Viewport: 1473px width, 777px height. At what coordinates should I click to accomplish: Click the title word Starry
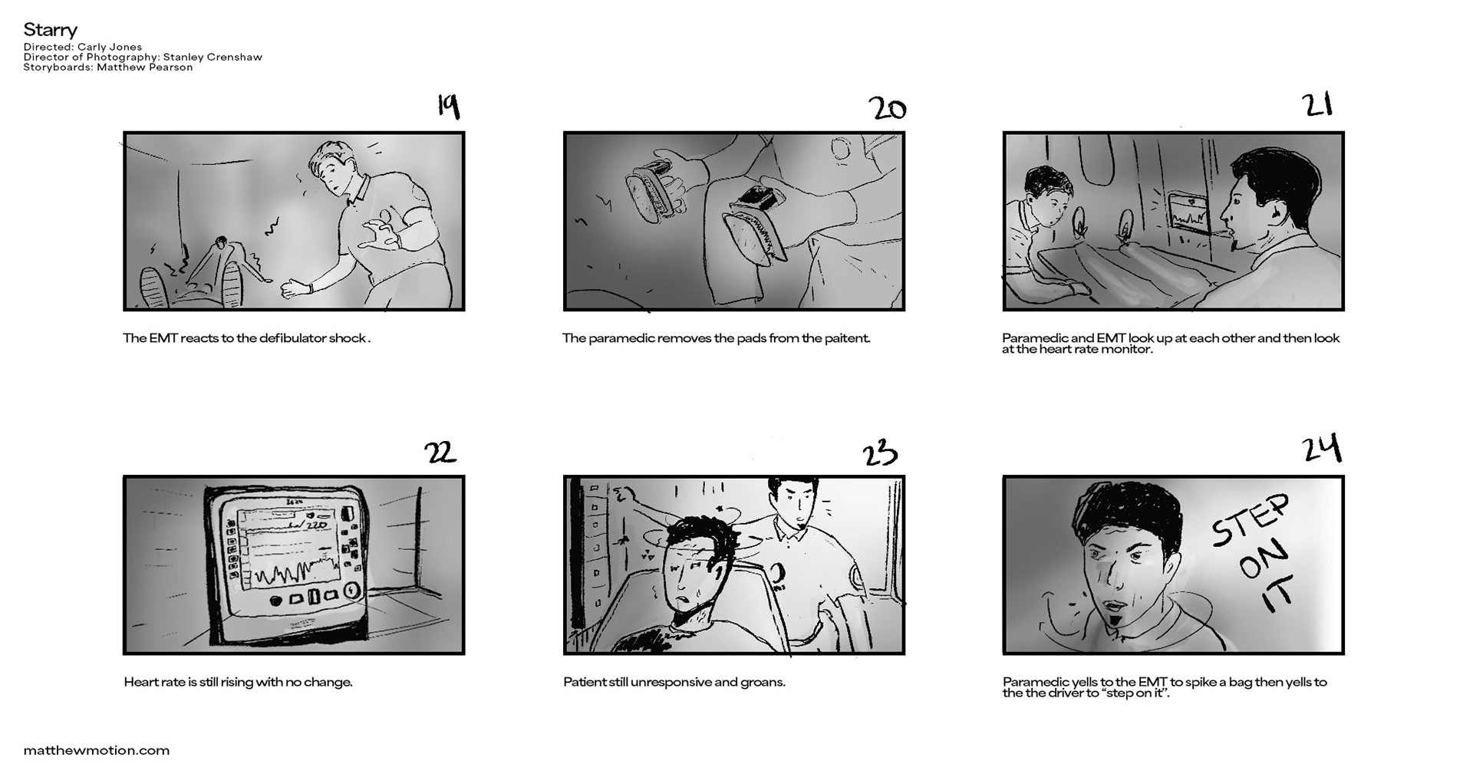point(51,30)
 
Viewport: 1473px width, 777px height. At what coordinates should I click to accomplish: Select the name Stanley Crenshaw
point(213,57)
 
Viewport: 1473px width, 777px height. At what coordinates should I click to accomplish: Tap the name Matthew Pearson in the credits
point(145,67)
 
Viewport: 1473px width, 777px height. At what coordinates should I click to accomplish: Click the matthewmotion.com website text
point(97,750)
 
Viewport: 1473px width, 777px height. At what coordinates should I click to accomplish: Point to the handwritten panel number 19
point(449,106)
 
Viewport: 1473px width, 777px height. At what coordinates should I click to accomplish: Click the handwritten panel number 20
point(888,109)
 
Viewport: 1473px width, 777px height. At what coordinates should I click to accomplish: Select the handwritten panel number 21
point(1317,104)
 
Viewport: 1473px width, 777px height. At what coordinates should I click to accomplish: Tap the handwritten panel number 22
point(440,453)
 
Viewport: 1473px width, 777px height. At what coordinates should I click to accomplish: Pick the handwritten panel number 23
point(880,453)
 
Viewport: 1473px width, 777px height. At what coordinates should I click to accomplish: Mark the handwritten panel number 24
point(1322,449)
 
